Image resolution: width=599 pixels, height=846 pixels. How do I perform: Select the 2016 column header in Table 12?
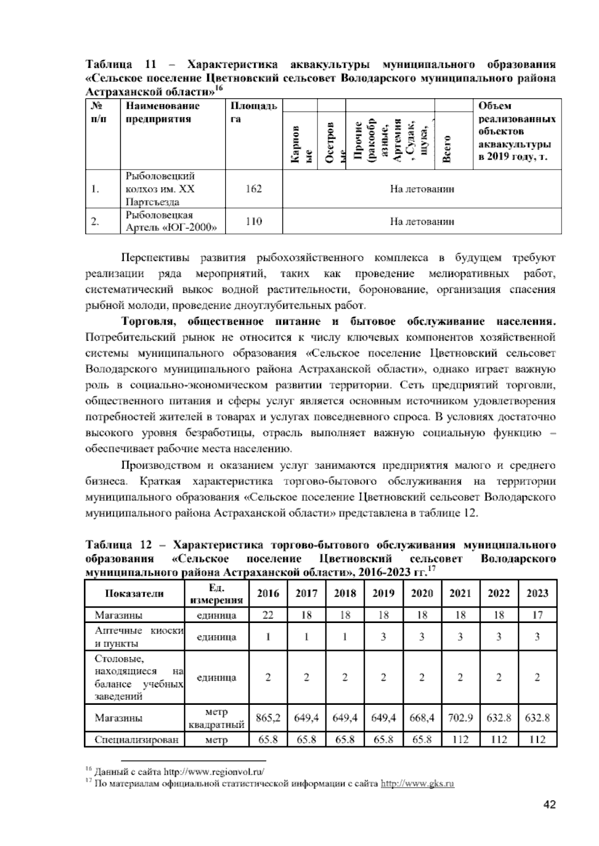(268, 594)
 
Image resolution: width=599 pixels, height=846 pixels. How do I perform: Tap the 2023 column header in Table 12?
(537, 594)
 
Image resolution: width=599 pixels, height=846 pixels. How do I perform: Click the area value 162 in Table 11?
(254, 189)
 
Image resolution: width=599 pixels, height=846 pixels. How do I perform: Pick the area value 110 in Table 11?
(254, 221)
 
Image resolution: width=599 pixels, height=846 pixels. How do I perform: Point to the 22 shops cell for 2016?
(268, 615)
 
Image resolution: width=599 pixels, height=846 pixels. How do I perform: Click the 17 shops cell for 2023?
(537, 615)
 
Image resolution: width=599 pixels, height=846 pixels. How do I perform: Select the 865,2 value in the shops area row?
(268, 718)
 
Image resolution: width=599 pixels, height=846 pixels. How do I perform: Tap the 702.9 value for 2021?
(460, 718)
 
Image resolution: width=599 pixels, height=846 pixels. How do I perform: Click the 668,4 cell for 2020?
(422, 718)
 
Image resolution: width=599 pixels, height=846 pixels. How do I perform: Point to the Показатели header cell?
(134, 594)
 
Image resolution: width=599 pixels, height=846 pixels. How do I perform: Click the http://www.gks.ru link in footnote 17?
(417, 784)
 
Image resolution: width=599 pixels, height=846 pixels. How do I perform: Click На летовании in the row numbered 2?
(422, 221)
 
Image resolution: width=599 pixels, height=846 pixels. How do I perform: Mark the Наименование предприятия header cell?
(162, 112)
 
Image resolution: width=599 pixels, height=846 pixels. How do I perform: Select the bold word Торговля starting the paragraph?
(147, 322)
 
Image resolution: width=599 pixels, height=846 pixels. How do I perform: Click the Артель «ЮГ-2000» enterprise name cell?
(171, 222)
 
